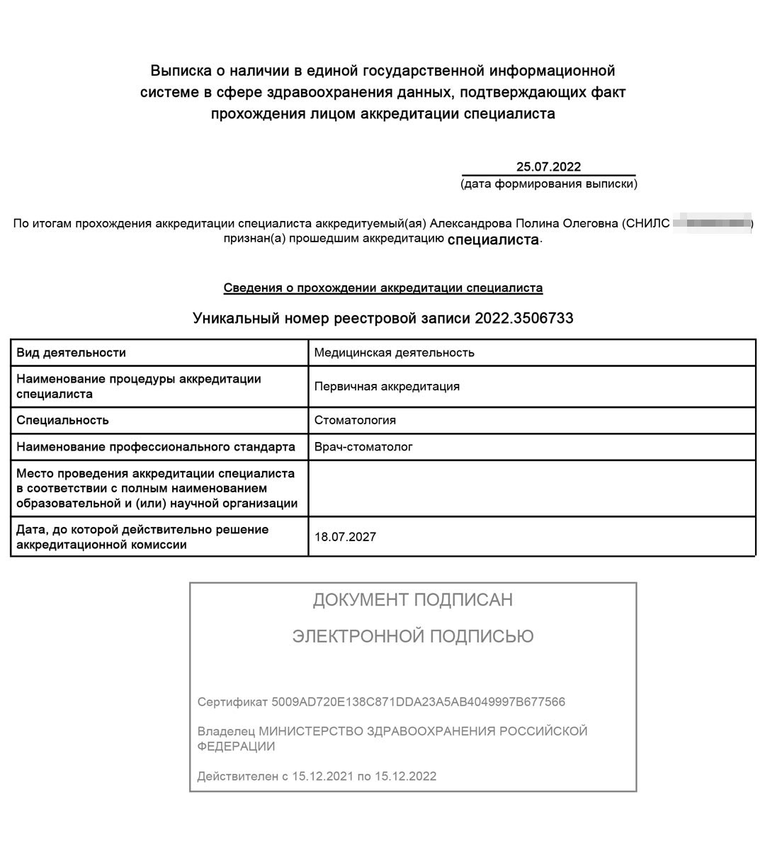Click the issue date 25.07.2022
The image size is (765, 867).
pyautogui.click(x=548, y=167)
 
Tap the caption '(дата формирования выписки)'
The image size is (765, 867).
pyautogui.click(x=548, y=184)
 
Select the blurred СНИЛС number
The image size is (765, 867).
pyautogui.click(x=712, y=224)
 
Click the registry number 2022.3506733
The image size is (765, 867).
pyautogui.click(x=523, y=319)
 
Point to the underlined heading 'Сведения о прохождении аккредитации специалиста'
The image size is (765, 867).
pyautogui.click(x=383, y=288)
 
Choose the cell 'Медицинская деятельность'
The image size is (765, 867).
pyautogui.click(x=395, y=353)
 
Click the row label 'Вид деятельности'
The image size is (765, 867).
pyautogui.click(x=71, y=353)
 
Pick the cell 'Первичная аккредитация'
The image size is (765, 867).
pyautogui.click(x=387, y=387)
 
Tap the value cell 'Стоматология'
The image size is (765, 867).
pyautogui.click(x=355, y=420)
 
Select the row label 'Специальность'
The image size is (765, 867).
pyautogui.click(x=62, y=420)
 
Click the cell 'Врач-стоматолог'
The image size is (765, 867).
pyautogui.click(x=363, y=447)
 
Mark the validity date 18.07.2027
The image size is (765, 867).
pyautogui.click(x=345, y=537)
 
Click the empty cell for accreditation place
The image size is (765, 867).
pyautogui.click(x=531, y=488)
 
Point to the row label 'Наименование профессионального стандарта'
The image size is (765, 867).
pyautogui.click(x=156, y=447)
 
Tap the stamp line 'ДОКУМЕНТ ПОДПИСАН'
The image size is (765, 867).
pyautogui.click(x=413, y=601)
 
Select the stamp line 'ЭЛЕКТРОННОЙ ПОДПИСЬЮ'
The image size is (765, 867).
pyautogui.click(x=413, y=636)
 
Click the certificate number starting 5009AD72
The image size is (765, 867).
pyautogui.click(x=418, y=702)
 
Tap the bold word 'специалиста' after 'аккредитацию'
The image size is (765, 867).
pyautogui.click(x=493, y=239)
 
